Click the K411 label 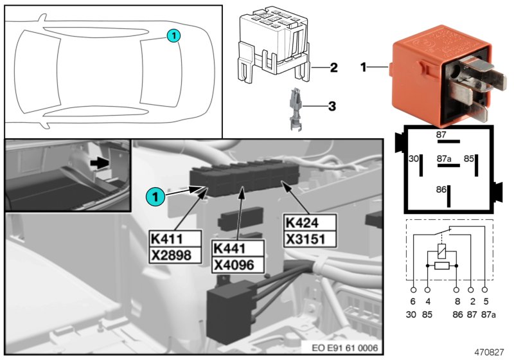pyautogui.click(x=166, y=237)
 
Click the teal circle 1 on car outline pyautogui.click(x=173, y=36)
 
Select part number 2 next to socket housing pyautogui.click(x=333, y=67)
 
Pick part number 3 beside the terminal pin pyautogui.click(x=332, y=105)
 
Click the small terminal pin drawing pyautogui.click(x=294, y=108)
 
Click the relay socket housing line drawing pyautogui.click(x=272, y=46)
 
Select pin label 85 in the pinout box pyautogui.click(x=468, y=158)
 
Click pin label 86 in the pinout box pyautogui.click(x=440, y=190)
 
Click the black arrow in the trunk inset pyautogui.click(x=99, y=164)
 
